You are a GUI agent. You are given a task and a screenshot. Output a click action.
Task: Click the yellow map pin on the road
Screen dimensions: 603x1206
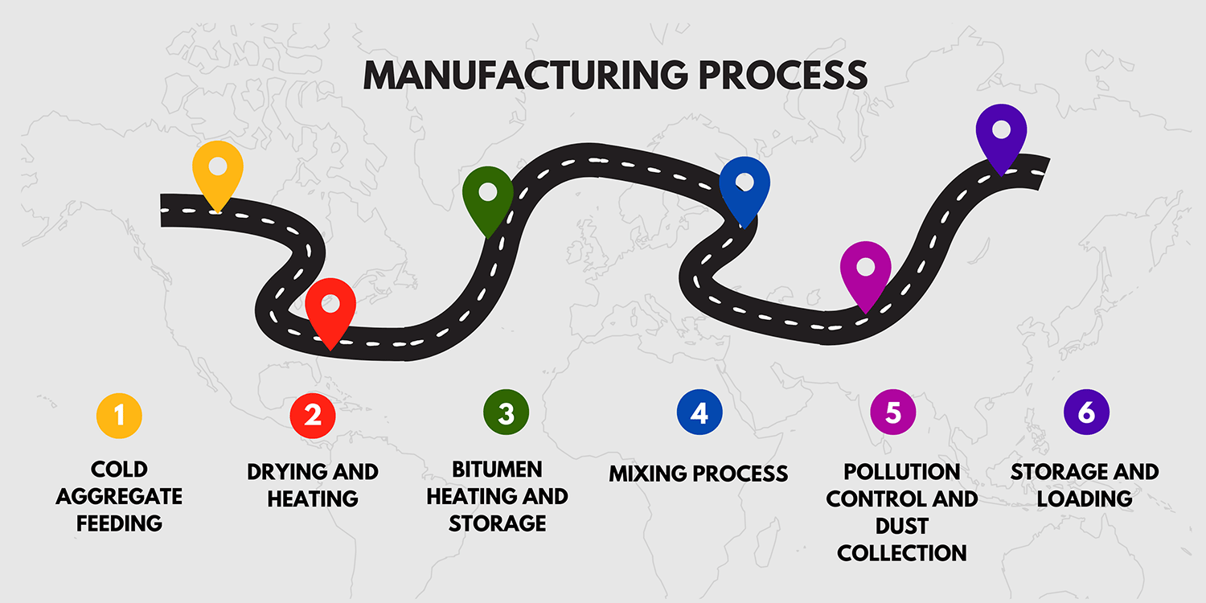tap(218, 170)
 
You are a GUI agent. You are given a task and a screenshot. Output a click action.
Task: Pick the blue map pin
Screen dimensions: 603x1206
tap(745, 186)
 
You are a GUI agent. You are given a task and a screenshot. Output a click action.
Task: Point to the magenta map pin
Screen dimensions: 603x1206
tap(865, 270)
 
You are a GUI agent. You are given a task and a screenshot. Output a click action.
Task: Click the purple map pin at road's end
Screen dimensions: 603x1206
tap(1001, 133)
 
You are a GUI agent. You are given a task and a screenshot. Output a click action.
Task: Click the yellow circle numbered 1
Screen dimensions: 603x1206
tap(119, 415)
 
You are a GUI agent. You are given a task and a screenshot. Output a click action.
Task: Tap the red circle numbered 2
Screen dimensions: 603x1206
tap(313, 415)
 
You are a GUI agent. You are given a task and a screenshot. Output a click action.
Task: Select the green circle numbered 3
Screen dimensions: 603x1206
tap(506, 413)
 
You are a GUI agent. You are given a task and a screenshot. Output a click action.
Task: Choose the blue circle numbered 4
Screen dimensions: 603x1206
tap(699, 413)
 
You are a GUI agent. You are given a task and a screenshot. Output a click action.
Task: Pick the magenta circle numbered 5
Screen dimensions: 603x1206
tap(893, 413)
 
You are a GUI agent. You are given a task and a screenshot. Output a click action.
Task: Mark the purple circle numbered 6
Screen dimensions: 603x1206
tap(1086, 413)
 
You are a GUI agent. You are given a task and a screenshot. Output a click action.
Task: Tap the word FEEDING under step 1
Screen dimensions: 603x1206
tap(119, 523)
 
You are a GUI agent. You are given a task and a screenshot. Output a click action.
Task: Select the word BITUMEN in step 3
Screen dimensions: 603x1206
tap(497, 470)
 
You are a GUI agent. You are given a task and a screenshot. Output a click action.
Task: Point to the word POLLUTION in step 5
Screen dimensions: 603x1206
tap(901, 471)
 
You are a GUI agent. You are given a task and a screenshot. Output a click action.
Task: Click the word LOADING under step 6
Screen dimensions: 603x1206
tap(1085, 498)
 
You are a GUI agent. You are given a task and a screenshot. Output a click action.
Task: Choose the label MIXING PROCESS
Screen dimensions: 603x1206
tap(698, 474)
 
